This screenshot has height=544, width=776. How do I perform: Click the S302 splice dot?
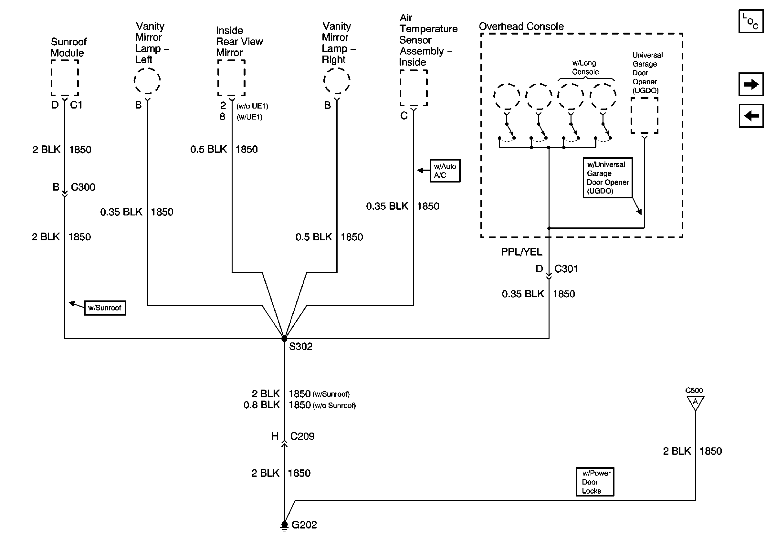284,338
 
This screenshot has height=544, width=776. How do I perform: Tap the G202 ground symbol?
284,525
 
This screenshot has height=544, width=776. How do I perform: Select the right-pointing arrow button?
751,84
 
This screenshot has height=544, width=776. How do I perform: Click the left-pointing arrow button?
751,116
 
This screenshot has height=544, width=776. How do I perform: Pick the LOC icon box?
751,21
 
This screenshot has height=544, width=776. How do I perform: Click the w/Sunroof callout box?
105,308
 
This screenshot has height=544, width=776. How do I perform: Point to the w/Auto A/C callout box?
445,171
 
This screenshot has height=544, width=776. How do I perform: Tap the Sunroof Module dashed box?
65,78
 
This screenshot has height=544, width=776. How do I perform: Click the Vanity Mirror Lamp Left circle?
147,81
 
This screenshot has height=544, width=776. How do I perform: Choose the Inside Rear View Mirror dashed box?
231,78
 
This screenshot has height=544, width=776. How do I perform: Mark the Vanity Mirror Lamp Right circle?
337,81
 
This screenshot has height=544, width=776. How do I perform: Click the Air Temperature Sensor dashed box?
413,88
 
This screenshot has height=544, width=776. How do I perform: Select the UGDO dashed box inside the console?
644,116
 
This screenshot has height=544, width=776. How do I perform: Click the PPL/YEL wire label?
521,252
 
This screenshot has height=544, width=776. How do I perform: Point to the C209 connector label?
302,436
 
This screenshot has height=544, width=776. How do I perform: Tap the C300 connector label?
83,187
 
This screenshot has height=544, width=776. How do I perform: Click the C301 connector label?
566,269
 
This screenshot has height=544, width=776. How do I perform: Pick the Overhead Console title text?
521,26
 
